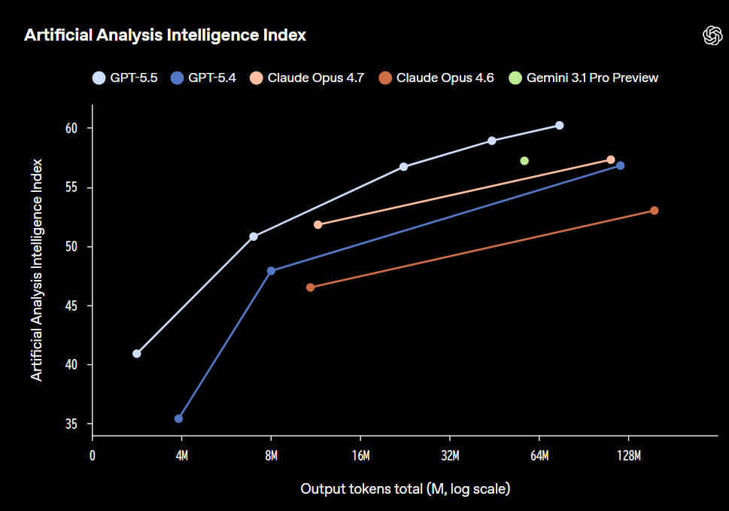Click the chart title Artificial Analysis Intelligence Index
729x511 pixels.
[x=165, y=35]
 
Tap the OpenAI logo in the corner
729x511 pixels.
[x=711, y=35]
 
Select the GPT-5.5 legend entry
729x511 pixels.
[x=125, y=78]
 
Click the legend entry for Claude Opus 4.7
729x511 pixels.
[x=307, y=78]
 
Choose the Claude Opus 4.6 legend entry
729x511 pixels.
[x=436, y=78]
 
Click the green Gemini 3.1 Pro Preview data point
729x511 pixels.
[x=524, y=160]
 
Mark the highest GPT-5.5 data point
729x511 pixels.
[x=559, y=125]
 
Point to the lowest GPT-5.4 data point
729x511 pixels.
[x=178, y=418]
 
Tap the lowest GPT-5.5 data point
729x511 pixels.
[x=137, y=354]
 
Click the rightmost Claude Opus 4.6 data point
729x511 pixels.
[x=655, y=211]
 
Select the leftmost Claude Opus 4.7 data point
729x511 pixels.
[x=317, y=224]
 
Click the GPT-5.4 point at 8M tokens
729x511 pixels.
[x=271, y=271]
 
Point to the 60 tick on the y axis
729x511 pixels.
[x=72, y=129]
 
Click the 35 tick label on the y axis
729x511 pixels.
[x=72, y=424]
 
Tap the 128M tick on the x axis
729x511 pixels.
[x=628, y=456]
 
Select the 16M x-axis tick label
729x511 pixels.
[x=360, y=456]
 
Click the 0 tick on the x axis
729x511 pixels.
[x=93, y=456]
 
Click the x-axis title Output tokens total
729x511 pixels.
[x=406, y=489]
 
